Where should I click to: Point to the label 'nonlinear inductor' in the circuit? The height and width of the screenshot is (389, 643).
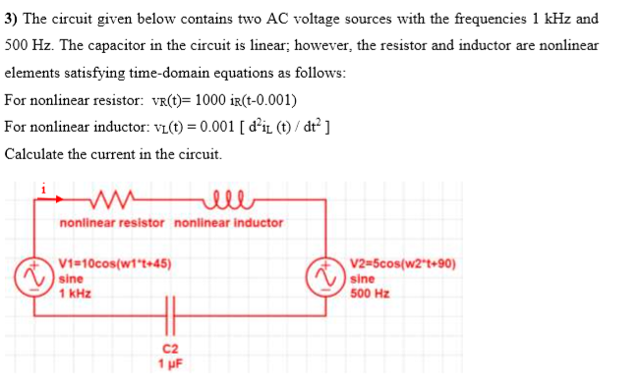228,223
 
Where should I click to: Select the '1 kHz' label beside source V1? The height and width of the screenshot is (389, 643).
76,292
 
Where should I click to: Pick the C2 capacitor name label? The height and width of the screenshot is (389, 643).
173,348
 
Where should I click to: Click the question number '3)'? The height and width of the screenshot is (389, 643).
12,18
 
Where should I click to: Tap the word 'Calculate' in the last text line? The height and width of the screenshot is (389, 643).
35,154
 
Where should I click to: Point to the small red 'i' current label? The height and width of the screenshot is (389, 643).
41,185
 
